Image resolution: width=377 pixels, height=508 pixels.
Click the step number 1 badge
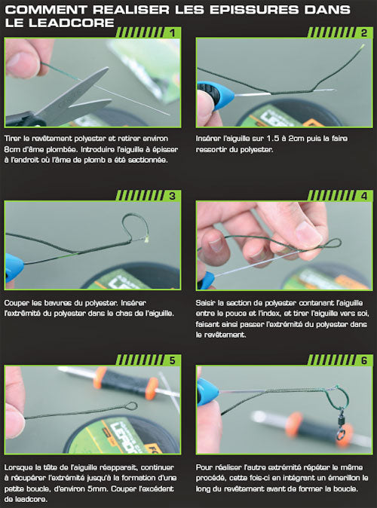173,33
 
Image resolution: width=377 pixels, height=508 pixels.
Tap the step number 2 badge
363,33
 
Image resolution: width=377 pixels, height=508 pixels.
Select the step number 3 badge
173,196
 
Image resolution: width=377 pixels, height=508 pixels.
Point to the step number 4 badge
363,196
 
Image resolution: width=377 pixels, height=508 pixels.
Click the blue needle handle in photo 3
14,265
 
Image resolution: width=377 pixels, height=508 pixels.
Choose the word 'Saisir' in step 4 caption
207,302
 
